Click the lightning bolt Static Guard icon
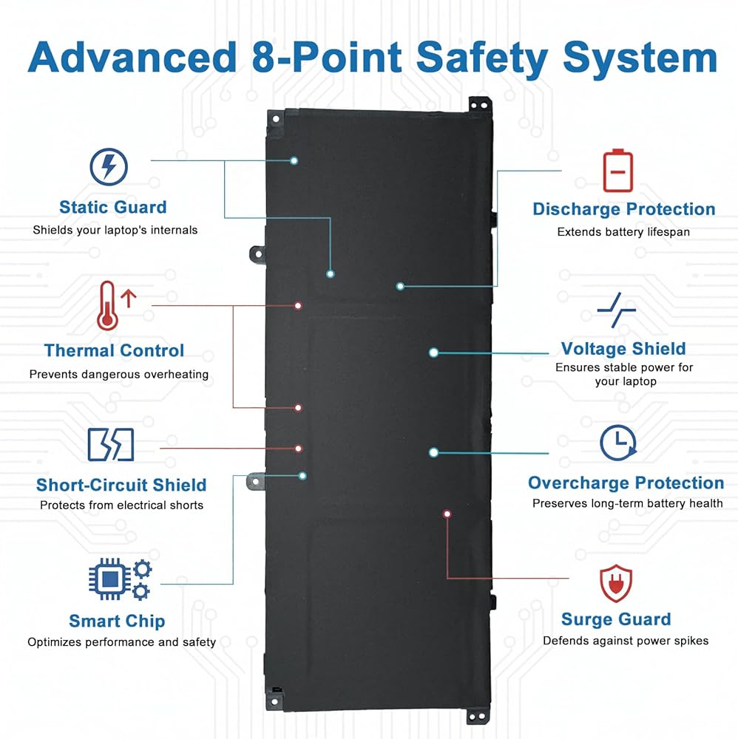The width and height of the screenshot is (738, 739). (109, 167)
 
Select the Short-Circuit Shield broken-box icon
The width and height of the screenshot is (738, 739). (111, 444)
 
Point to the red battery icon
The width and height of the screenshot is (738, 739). (617, 170)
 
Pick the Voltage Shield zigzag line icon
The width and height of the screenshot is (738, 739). (616, 310)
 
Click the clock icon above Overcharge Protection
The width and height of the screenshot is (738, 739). (618, 443)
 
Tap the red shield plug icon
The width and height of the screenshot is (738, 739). (615, 583)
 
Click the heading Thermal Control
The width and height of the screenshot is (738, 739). (114, 350)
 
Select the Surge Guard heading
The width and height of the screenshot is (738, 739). (616, 619)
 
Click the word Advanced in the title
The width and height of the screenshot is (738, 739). (132, 58)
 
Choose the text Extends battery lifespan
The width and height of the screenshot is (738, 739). (623, 232)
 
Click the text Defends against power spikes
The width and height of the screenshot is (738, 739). (626, 641)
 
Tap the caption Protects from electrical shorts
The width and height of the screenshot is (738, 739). (122, 505)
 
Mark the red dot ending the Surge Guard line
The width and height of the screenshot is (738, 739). (447, 514)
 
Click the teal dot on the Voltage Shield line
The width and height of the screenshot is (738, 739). (434, 353)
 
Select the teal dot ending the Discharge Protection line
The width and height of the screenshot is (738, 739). (400, 286)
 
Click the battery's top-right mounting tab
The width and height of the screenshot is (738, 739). (480, 104)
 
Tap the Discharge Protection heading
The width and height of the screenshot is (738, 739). (624, 209)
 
